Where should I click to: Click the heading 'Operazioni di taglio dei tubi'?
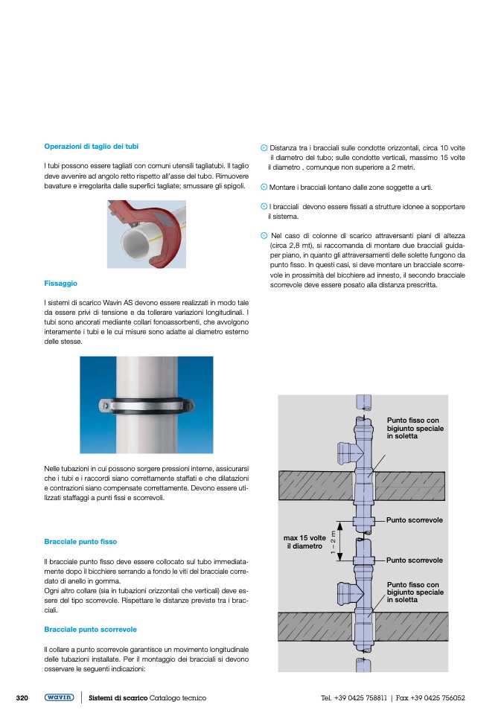coord(91,147)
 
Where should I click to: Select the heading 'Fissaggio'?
coord(60,284)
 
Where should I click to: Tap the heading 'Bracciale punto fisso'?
coord(80,541)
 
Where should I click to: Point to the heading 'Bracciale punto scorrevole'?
coord(90,629)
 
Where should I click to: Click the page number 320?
coord(22,697)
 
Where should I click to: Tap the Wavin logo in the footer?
coord(59,697)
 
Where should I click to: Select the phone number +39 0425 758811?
coord(360,698)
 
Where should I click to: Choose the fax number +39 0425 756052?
coord(438,698)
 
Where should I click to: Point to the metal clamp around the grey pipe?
coord(146,406)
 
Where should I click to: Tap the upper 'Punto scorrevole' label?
coord(415,519)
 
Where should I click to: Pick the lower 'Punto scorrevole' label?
coord(415,560)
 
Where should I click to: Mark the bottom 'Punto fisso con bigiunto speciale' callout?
coord(415,592)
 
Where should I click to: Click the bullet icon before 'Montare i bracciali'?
coord(264,187)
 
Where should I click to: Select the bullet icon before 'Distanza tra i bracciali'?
coord(264,148)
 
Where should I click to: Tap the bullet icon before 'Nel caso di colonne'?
coord(264,235)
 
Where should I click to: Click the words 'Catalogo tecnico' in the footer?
coord(178,698)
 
